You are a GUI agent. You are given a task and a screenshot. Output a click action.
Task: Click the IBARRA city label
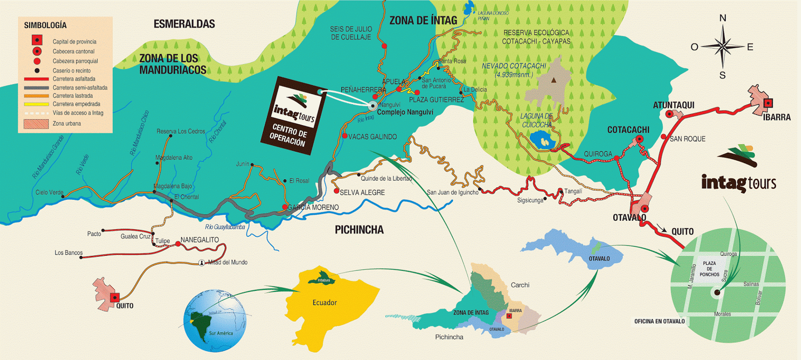tap(776, 117)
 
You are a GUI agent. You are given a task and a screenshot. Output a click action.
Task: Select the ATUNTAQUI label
tap(673, 105)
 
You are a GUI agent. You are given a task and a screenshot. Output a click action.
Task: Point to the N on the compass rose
tap(722, 18)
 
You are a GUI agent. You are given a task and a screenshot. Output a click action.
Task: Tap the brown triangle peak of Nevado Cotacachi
tap(554, 80)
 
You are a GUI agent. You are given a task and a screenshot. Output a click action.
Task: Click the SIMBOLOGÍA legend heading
tap(45, 25)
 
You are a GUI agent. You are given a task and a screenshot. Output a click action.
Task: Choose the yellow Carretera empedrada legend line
tap(36, 104)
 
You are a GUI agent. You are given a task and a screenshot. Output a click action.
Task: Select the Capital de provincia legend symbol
tap(37, 40)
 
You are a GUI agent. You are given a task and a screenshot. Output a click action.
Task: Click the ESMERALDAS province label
tap(184, 24)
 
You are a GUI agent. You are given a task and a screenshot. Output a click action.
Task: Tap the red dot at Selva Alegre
tap(336, 191)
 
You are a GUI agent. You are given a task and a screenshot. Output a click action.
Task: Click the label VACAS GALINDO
tap(372, 137)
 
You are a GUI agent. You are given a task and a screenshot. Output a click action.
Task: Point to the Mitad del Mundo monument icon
tap(201, 262)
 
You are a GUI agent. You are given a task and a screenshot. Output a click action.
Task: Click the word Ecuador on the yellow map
tap(324, 302)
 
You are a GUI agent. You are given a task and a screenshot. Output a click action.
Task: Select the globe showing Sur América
tap(215, 320)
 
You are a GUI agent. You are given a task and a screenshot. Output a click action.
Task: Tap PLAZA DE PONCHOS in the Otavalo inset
tap(709, 269)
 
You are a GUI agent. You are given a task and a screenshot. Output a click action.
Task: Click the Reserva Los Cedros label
tap(181, 131)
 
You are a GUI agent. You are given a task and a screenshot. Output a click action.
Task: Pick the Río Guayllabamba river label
tap(225, 227)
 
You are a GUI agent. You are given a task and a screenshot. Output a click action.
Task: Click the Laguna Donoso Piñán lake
tap(469, 9)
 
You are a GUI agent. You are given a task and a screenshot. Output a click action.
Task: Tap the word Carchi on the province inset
tap(520, 285)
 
